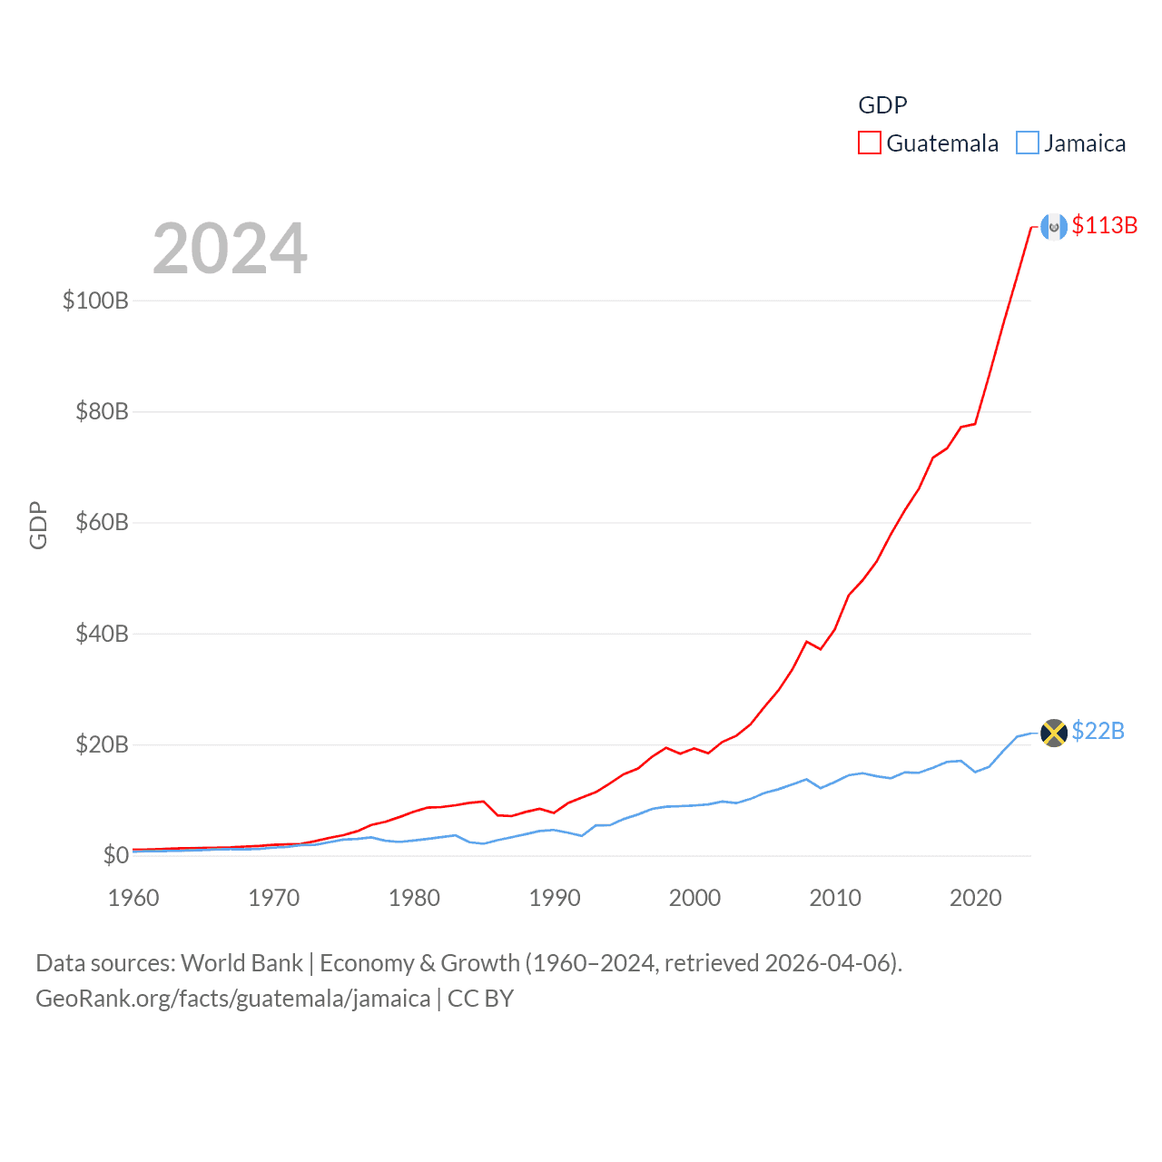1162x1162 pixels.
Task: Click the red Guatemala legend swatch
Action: click(x=870, y=143)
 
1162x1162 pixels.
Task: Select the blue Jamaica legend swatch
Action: click(x=1028, y=143)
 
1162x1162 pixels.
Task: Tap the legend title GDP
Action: click(x=882, y=105)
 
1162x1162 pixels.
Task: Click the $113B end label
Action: click(x=1104, y=225)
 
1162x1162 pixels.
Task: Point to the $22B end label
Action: click(x=1098, y=731)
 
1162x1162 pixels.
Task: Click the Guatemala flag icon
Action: click(x=1054, y=226)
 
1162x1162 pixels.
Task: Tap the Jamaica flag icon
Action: click(x=1054, y=733)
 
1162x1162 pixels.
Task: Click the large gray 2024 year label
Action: click(x=230, y=249)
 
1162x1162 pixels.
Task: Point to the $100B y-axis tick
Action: click(x=95, y=300)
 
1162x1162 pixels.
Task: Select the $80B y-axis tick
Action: click(x=102, y=412)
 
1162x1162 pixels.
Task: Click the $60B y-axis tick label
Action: click(x=102, y=523)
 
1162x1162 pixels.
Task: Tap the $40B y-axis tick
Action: click(x=102, y=634)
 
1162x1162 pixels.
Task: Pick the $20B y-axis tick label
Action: click(x=102, y=745)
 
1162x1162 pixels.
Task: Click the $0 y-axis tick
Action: click(x=115, y=856)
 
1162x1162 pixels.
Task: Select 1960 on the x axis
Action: click(x=133, y=898)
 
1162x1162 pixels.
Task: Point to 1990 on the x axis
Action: click(x=555, y=898)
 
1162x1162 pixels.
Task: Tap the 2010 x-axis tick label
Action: click(x=835, y=898)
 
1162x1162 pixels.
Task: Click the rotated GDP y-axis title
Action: click(x=38, y=525)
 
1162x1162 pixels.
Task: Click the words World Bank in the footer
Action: click(x=241, y=963)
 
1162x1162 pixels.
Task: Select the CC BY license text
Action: click(x=480, y=999)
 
